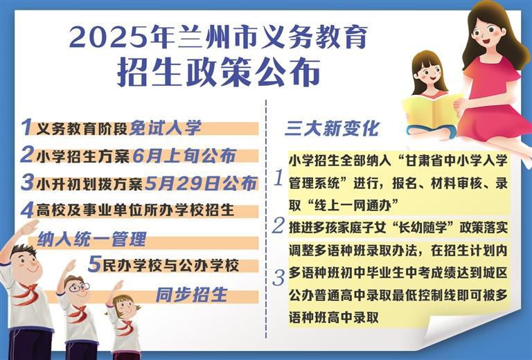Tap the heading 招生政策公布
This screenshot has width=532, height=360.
[x=219, y=73]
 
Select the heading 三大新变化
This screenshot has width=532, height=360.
[x=332, y=129]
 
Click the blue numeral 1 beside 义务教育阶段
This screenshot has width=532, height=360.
[x=26, y=127]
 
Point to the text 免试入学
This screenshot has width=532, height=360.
[x=166, y=128]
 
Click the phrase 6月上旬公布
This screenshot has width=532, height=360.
[x=184, y=156]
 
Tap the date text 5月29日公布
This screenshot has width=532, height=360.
[x=200, y=183]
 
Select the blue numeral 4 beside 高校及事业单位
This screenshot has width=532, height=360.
[x=27, y=210]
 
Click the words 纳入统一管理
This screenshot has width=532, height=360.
[x=92, y=240]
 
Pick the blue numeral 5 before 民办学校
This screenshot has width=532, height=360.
[x=95, y=264]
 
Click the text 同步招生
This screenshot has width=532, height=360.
[x=191, y=294]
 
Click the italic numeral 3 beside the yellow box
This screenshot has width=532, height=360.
[x=278, y=278]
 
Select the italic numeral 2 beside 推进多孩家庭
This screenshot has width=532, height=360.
[x=278, y=226]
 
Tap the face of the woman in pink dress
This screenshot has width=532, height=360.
[x=486, y=33]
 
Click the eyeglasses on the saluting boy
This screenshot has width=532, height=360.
[x=80, y=288]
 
